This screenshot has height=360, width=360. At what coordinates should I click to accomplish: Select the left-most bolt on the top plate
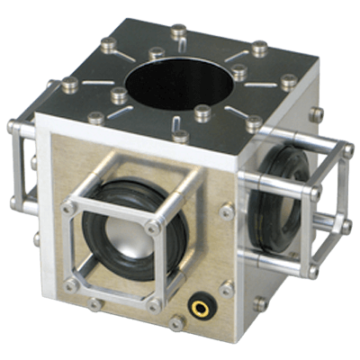pyautogui.click(x=68, y=86)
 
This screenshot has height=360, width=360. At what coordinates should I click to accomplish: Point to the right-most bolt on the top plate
pyautogui.click(x=288, y=81)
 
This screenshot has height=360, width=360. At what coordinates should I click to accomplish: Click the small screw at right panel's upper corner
pyautogui.click(x=317, y=112)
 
